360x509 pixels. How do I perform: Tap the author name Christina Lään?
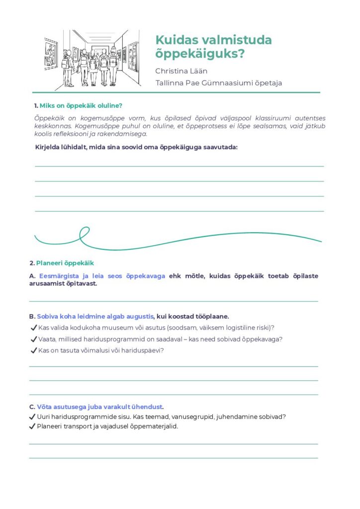point(181,71)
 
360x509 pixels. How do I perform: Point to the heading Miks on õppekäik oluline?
point(81,105)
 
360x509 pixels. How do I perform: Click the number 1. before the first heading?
point(36,105)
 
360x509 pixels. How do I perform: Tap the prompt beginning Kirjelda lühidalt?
point(136,147)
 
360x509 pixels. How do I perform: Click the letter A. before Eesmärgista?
point(32,276)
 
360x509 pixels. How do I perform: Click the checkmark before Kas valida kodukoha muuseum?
point(34,328)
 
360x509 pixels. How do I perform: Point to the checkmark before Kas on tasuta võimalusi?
point(34,350)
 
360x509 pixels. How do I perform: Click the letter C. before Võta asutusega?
point(32,406)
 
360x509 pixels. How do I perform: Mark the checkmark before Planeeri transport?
point(32,426)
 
